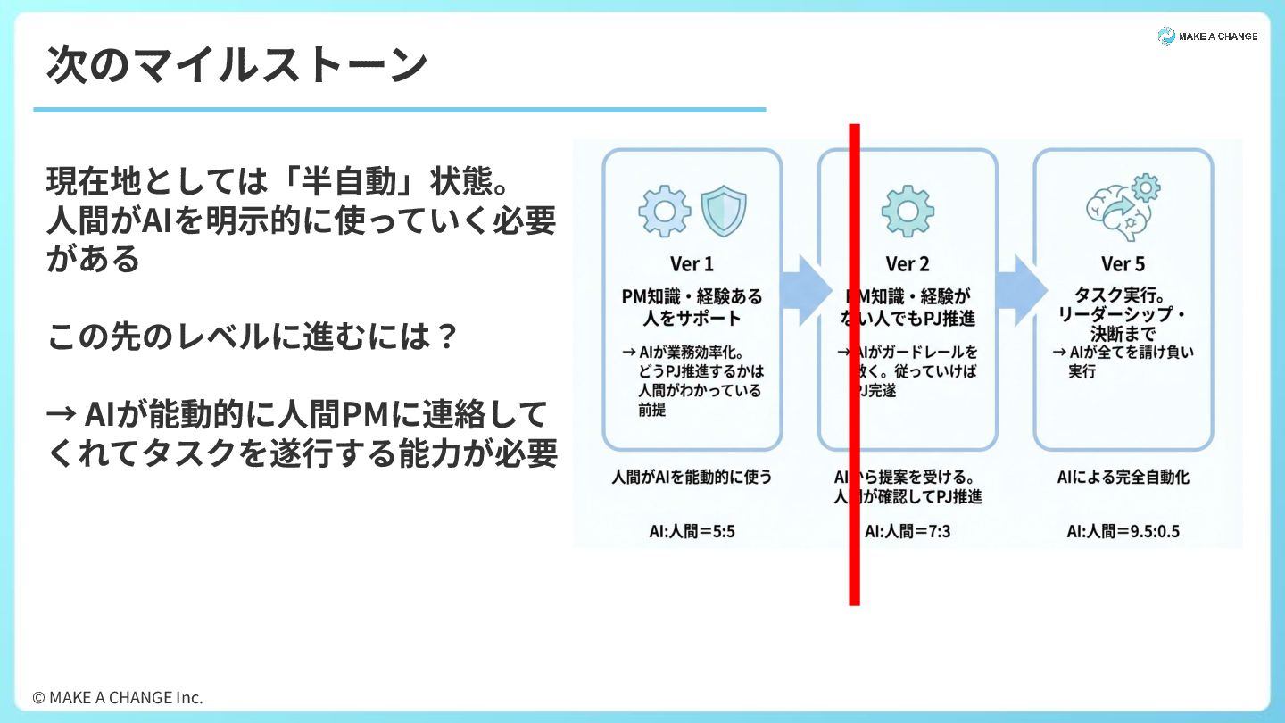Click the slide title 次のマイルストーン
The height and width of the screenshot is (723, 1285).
pyautogui.click(x=236, y=65)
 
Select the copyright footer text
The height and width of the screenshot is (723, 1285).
pyautogui.click(x=118, y=697)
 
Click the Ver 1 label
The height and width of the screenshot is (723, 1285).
pyautogui.click(x=692, y=264)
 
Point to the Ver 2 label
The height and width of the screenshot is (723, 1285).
pyautogui.click(x=908, y=264)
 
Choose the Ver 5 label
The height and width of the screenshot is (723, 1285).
pyautogui.click(x=1123, y=264)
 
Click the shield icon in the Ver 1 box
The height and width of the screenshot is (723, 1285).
pyautogui.click(x=723, y=210)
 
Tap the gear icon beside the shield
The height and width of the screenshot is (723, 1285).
pyautogui.click(x=664, y=210)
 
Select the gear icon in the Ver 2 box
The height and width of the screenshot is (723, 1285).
pyautogui.click(x=908, y=210)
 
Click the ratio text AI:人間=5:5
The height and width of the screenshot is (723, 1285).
pyautogui.click(x=692, y=532)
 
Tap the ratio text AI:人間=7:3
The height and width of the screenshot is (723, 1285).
pyautogui.click(x=908, y=532)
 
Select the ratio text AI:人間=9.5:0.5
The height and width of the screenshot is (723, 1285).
pyautogui.click(x=1123, y=532)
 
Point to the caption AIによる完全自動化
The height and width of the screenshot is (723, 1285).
pyautogui.click(x=1123, y=478)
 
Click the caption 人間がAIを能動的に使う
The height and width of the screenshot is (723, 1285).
pyautogui.click(x=692, y=478)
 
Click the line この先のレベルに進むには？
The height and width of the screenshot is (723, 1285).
pyautogui.click(x=253, y=337)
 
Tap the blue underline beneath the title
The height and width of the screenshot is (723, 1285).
pyautogui.click(x=399, y=110)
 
